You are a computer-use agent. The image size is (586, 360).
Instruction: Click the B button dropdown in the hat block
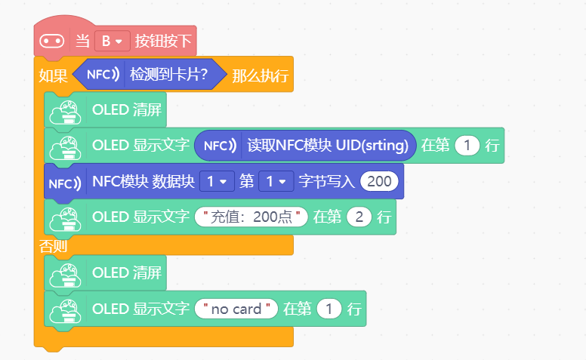tap(112, 41)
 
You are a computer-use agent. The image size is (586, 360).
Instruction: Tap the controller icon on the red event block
tap(52, 41)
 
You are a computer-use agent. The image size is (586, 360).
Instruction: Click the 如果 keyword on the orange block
tap(53, 75)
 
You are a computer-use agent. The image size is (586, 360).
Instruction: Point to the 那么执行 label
tap(260, 75)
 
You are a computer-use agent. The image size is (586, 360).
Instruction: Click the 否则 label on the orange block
tap(53, 246)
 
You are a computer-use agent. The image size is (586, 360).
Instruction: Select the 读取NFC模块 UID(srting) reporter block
tap(305, 145)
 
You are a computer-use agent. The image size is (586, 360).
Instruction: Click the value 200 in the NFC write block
tap(379, 181)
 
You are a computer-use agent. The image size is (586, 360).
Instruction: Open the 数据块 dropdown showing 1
tap(217, 181)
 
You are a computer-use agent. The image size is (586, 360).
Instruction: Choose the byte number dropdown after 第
tap(276, 181)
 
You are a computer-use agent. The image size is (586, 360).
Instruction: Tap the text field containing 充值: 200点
tap(251, 217)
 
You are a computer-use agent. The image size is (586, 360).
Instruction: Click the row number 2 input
tap(359, 217)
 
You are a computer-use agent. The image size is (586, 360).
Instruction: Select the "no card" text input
tap(236, 309)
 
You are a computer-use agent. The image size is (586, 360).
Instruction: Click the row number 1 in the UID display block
tap(467, 145)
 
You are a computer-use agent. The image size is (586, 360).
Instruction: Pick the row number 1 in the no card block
tap(329, 309)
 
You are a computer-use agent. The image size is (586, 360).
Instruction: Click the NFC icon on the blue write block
tap(65, 183)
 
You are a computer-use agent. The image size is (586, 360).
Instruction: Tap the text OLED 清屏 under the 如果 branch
tap(127, 109)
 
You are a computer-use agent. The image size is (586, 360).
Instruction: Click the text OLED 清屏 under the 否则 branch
tap(127, 272)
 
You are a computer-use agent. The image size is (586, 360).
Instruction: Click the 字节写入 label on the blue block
tap(326, 181)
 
